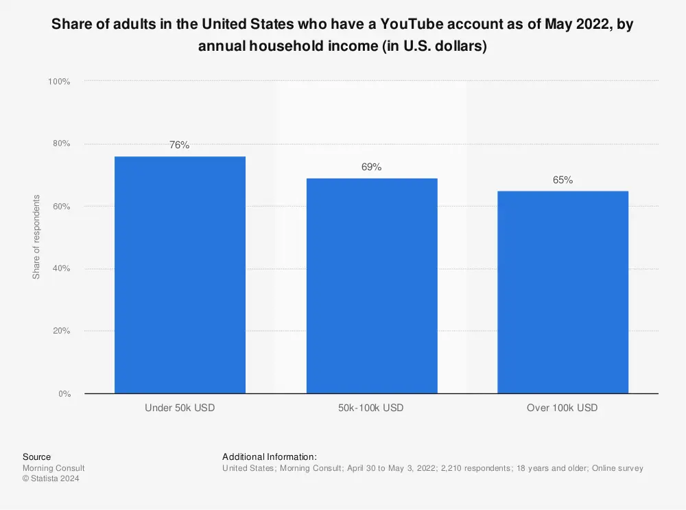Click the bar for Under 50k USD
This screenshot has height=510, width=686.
point(180,275)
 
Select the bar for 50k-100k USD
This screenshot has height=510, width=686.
point(371,286)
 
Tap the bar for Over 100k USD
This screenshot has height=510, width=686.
point(562,292)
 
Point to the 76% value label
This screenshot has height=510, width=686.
point(180,145)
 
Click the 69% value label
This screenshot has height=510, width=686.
point(371,167)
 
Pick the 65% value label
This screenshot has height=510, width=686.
point(562,180)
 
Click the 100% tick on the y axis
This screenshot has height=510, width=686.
point(59,82)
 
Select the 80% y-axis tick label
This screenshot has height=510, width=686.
point(61,143)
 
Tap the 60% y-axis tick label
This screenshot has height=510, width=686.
point(61,206)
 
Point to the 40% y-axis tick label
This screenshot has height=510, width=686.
point(61,268)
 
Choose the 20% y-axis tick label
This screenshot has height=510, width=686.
point(61,331)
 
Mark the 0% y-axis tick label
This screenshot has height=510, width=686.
point(63,393)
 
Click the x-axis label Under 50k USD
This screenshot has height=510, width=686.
point(180,408)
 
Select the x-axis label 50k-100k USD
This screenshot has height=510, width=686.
point(371,408)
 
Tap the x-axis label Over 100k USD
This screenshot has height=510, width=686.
point(562,408)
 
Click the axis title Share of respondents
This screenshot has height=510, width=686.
point(37,237)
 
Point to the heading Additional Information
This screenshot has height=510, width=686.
point(270,456)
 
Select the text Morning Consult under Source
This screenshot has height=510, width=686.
point(54,468)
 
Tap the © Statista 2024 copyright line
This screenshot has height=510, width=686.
point(51,479)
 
